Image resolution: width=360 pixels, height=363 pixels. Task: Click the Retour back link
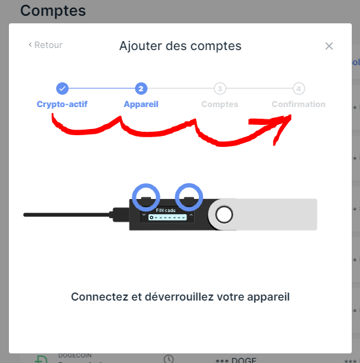click(x=45, y=45)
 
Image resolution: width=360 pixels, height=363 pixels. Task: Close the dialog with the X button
click(x=329, y=46)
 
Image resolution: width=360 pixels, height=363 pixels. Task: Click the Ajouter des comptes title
click(x=180, y=46)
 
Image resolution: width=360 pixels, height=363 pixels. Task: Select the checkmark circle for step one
click(x=62, y=89)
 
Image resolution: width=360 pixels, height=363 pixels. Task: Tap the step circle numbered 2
click(x=141, y=89)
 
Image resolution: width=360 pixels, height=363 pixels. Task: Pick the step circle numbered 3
click(x=219, y=89)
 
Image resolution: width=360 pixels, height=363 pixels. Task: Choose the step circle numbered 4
click(x=298, y=89)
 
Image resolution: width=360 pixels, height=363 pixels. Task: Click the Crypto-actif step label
click(x=62, y=104)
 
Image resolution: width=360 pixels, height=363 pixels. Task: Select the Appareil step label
click(x=141, y=104)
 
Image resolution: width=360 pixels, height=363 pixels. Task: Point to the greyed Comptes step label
click(x=219, y=104)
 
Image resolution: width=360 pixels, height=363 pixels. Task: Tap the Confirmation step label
click(x=298, y=104)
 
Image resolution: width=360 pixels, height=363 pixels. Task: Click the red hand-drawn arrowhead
click(x=278, y=126)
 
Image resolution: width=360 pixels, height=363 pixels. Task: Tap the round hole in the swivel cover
click(x=224, y=215)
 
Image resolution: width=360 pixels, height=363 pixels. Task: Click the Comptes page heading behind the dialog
click(x=53, y=10)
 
